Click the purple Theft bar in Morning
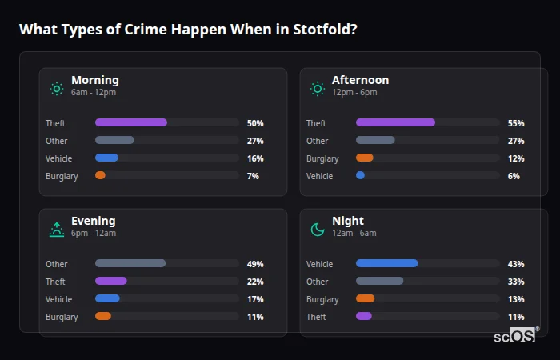(x=131, y=122)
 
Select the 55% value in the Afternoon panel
(x=515, y=123)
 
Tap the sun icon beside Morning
(x=56, y=89)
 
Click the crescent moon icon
(x=318, y=230)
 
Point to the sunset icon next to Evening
(x=56, y=230)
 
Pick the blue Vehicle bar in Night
(x=386, y=263)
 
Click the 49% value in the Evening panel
(x=255, y=264)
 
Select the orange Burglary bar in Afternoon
(x=364, y=158)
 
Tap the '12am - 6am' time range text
(x=354, y=233)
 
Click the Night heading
(x=347, y=221)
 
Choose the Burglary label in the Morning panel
(x=62, y=176)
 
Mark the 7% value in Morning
(x=253, y=176)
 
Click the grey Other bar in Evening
(x=130, y=263)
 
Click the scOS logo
(x=514, y=336)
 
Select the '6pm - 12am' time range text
(x=94, y=233)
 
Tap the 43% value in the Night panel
(x=515, y=264)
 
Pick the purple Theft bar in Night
(x=363, y=316)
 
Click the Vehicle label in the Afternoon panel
(x=319, y=176)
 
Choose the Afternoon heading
(x=360, y=80)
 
